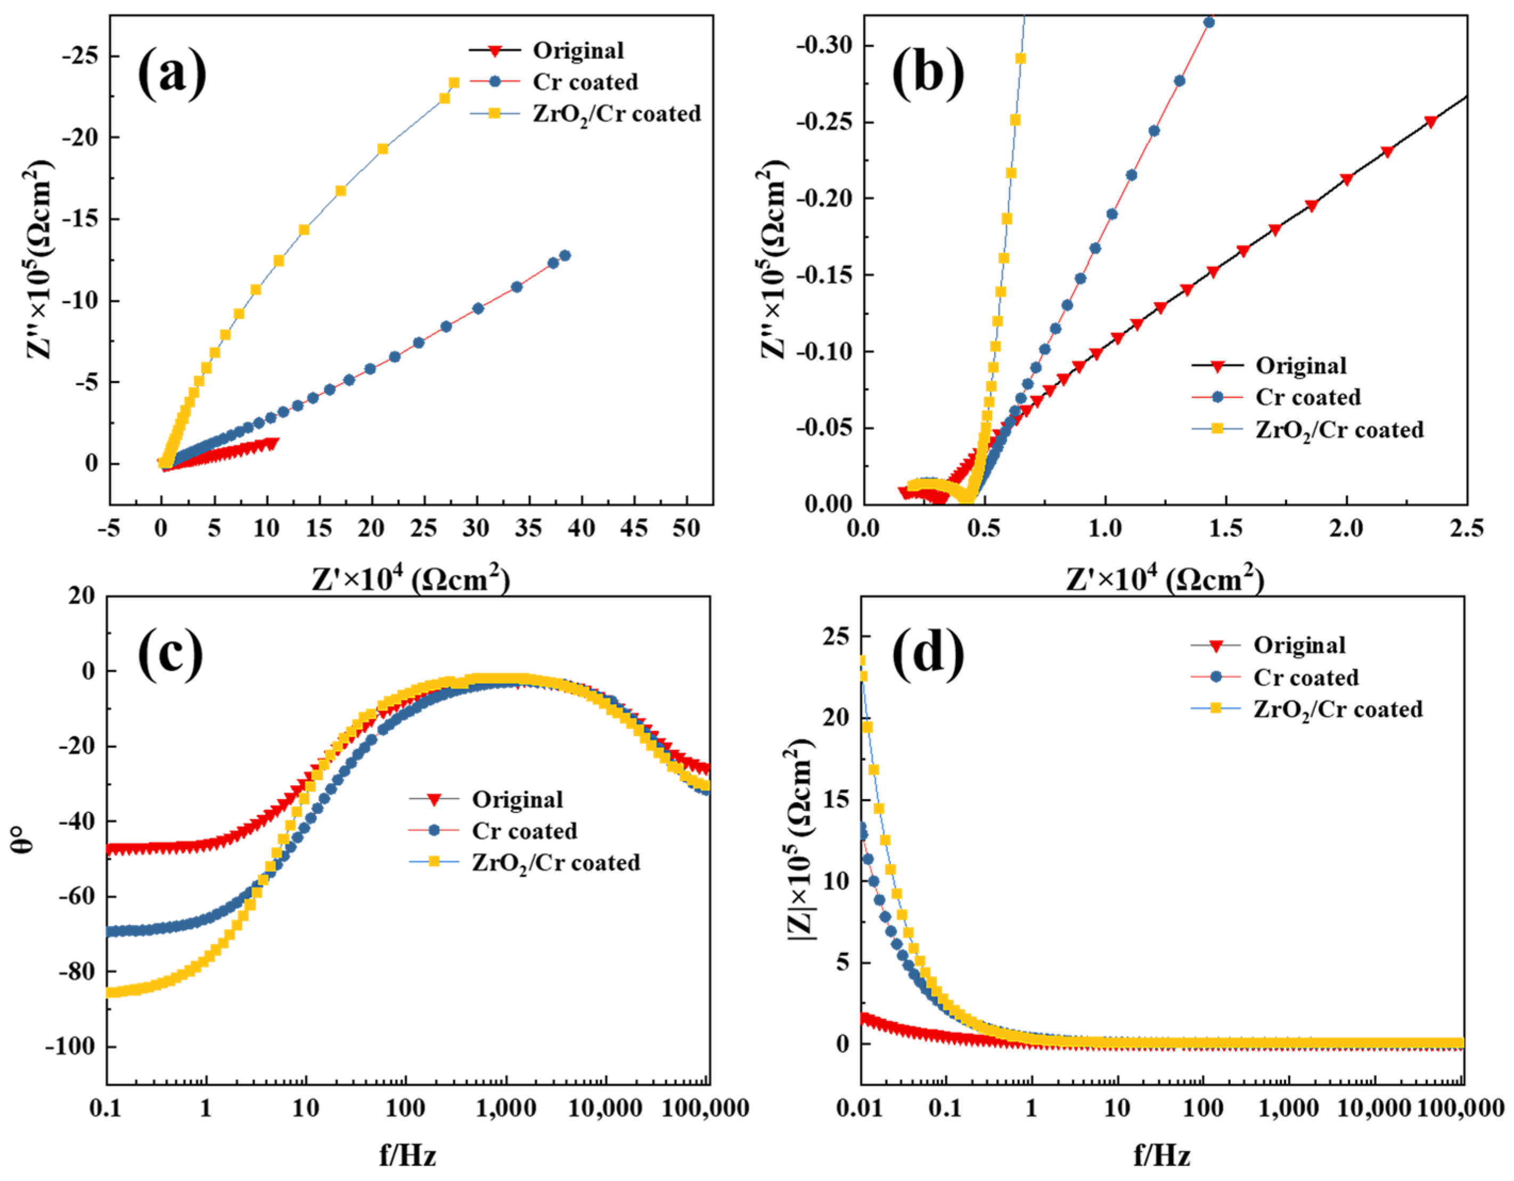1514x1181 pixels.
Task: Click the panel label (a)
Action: coord(172,75)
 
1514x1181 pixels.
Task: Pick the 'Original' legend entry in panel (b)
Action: coord(1300,365)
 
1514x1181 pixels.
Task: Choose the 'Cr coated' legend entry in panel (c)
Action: coord(524,831)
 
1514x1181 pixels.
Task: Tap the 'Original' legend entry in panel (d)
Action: coord(1298,645)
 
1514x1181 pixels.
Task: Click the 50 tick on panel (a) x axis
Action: coord(686,528)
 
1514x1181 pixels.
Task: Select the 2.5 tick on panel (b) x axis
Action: coord(1466,528)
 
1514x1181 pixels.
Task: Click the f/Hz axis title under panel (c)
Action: coord(407,1156)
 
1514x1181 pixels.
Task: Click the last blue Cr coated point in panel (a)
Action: coord(565,255)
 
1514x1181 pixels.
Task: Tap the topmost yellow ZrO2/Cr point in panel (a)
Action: coord(454,83)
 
